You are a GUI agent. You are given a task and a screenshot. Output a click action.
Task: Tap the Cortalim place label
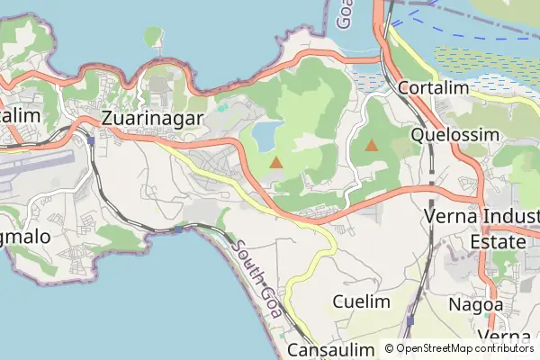coord(434,88)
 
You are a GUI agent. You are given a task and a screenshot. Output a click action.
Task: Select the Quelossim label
coord(454,134)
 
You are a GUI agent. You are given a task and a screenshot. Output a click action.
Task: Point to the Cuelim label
coord(361,301)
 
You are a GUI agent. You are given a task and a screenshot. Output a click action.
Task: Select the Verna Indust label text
coord(481,217)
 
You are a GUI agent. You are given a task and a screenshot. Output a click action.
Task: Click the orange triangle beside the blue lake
coord(275,162)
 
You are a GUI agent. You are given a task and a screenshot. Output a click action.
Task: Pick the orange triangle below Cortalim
coord(372,144)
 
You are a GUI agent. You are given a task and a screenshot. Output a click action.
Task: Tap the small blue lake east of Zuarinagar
coord(265,136)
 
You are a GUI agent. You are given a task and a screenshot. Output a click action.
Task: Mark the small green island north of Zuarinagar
coord(154,36)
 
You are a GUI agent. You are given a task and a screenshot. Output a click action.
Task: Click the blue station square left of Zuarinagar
coord(93,140)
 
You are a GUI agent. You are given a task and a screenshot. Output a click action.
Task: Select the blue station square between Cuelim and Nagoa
coord(410,319)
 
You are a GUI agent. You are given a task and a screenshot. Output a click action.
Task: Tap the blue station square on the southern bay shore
coord(178,229)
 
